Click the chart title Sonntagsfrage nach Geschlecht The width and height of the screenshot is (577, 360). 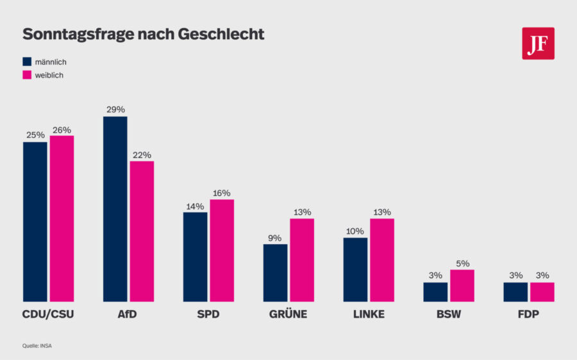[143, 35]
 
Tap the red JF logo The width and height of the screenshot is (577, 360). [538, 44]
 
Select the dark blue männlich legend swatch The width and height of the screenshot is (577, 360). [27, 61]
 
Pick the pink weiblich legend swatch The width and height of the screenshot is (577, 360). [27, 75]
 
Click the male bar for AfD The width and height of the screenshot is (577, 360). [115, 209]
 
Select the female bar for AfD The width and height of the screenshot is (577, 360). [142, 231]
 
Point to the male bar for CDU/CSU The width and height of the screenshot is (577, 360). [35, 222]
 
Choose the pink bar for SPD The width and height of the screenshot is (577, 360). [222, 250]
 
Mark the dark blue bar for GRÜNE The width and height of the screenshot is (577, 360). [276, 273]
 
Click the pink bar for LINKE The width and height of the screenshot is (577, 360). [382, 260]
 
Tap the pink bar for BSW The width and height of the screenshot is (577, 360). [462, 286]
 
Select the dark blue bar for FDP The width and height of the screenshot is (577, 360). [515, 292]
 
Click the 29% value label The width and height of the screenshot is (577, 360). [115, 110]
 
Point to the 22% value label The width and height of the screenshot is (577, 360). [142, 154]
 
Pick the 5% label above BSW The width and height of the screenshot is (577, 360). [462, 263]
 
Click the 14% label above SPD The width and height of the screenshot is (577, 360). [195, 206]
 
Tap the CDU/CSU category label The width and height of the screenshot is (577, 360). [48, 315]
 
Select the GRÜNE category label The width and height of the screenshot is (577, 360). [288, 315]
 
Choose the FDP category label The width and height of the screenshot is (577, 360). [528, 315]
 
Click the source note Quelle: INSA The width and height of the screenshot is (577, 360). [36, 345]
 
